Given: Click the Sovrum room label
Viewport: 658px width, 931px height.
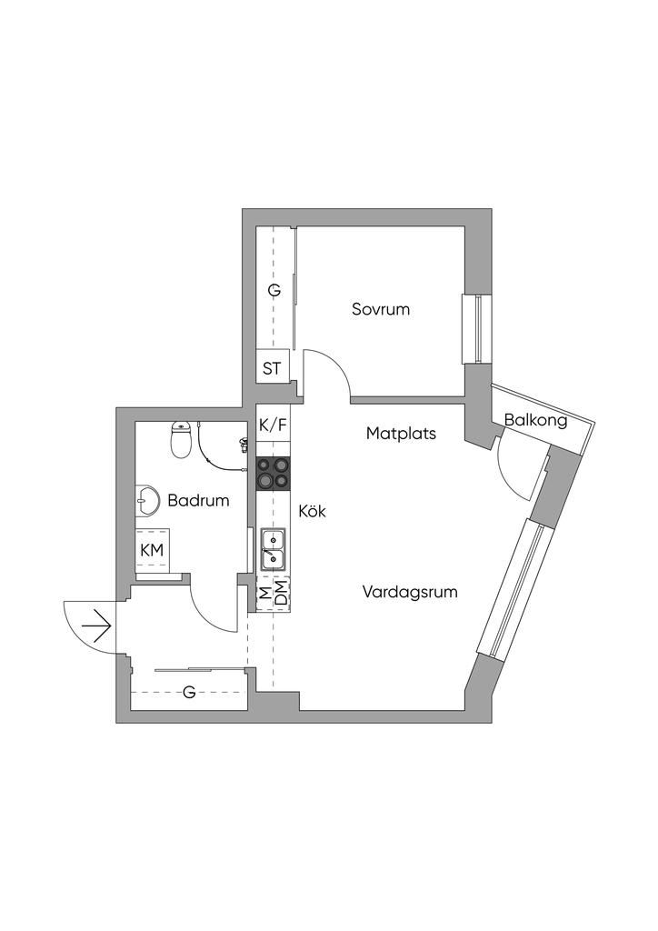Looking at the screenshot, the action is pos(381,309).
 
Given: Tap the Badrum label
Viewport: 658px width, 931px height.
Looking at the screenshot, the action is pos(198,500).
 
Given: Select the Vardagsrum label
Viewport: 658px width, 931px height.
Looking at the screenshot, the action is pos(410,592).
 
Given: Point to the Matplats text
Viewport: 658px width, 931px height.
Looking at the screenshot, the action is pos(401,434).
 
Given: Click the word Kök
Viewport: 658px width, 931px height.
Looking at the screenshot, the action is pos(312,512).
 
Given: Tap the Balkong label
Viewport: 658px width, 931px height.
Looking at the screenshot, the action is pos(535,420).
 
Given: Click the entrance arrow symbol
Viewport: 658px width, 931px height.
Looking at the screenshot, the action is pos(95,626).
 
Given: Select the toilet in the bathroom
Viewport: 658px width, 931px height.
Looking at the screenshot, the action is pos(182,440).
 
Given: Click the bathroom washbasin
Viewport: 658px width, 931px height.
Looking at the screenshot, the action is pos(147,500).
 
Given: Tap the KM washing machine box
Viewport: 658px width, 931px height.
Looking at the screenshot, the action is pos(152,549).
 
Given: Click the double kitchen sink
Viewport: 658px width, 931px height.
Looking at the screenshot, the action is pos(274,548).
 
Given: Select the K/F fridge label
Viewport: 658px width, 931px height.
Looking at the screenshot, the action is pos(273,424).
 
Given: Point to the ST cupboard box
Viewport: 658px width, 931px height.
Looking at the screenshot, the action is pos(272,368).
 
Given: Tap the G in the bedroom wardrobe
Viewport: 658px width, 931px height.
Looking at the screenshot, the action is pos(273,291).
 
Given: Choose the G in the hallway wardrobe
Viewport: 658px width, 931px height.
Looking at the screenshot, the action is pos(189,693).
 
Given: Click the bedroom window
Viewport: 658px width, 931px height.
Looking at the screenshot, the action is pos(474,328).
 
